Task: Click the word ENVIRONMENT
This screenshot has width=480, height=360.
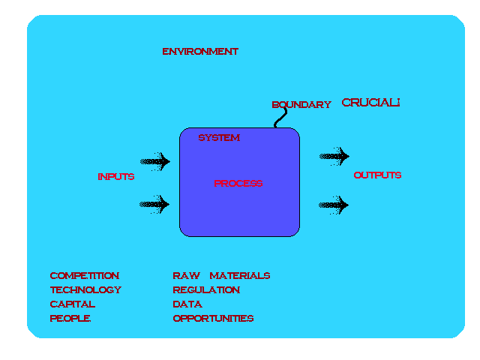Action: pyautogui.click(x=200, y=52)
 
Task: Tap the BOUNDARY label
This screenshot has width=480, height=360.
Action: pyautogui.click(x=301, y=105)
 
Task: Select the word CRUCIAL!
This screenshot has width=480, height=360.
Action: pyautogui.click(x=370, y=103)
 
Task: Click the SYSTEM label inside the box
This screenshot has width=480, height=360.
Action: pyautogui.click(x=219, y=138)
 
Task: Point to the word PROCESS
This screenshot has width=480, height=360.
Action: pyautogui.click(x=238, y=184)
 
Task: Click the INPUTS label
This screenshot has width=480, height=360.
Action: pyautogui.click(x=116, y=177)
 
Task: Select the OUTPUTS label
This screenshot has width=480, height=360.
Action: pyautogui.click(x=377, y=175)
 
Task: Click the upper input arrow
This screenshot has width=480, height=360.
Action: pyautogui.click(x=155, y=160)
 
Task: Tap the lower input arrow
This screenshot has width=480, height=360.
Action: pyautogui.click(x=155, y=204)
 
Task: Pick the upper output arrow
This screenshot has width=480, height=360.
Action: pyautogui.click(x=334, y=156)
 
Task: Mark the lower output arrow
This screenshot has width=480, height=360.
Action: pyautogui.click(x=334, y=204)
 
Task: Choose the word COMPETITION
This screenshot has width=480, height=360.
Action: pyautogui.click(x=85, y=276)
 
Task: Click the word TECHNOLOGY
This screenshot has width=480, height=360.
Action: pyautogui.click(x=85, y=290)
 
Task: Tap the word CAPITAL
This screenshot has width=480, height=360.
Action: pyautogui.click(x=73, y=304)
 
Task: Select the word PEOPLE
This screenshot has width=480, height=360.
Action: pyautogui.click(x=70, y=319)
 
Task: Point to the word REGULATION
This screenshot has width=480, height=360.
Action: pyautogui.click(x=206, y=290)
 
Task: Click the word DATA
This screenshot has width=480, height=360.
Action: pyautogui.click(x=187, y=304)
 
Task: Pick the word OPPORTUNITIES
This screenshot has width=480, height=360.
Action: pyautogui.click(x=213, y=319)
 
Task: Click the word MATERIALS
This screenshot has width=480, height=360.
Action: pyautogui.click(x=240, y=276)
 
